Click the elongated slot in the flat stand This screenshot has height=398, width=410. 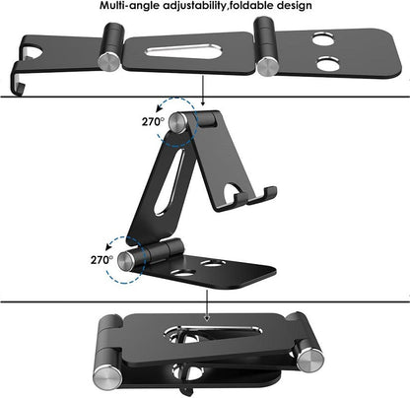coord(187,53)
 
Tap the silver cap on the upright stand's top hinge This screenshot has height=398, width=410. coord(176,124)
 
